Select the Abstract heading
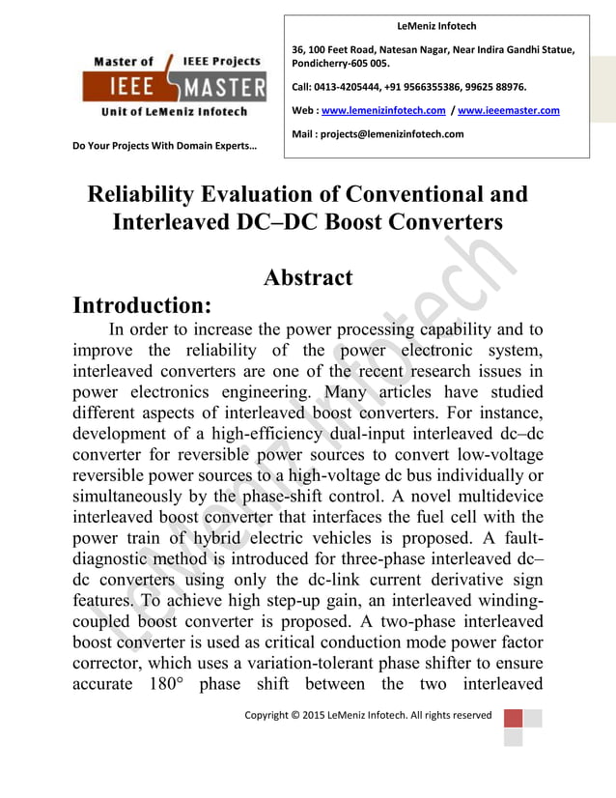click(x=308, y=278)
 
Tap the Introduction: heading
click(x=142, y=306)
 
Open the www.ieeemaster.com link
click(x=508, y=111)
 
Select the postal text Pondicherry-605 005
click(x=341, y=64)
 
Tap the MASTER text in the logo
click(x=223, y=89)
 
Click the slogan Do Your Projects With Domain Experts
click(x=165, y=148)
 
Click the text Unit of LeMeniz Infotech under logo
click(x=174, y=112)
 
